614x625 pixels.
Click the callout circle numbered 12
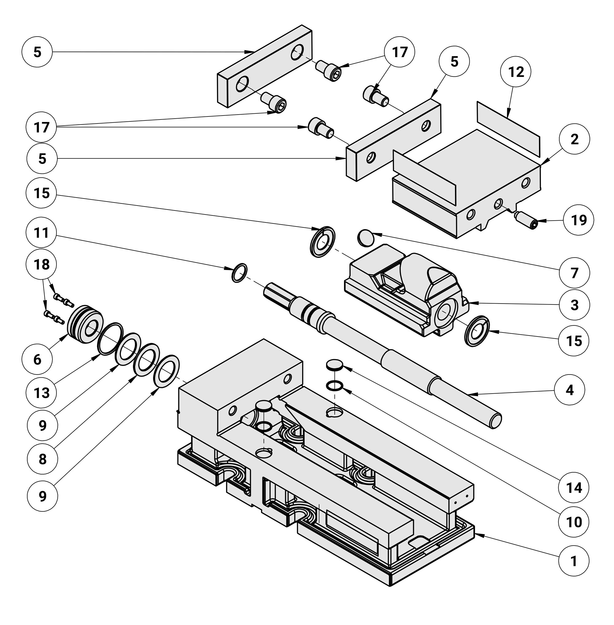coord(516,72)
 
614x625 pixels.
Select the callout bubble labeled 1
coord(574,561)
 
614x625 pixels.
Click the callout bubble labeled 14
coord(574,487)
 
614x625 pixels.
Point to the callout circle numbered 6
coord(37,359)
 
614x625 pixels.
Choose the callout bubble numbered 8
coord(42,459)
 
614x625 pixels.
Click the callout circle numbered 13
coord(42,393)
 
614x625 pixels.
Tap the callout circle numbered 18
coord(41,264)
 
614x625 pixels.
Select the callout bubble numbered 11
coord(41,232)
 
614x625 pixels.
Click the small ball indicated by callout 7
coord(366,237)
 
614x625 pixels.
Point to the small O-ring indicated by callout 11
coord(239,273)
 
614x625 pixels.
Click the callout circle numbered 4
coord(569,390)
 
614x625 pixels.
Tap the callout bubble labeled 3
coord(574,305)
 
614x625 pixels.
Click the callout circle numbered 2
coord(574,139)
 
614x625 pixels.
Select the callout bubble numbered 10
coord(574,522)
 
